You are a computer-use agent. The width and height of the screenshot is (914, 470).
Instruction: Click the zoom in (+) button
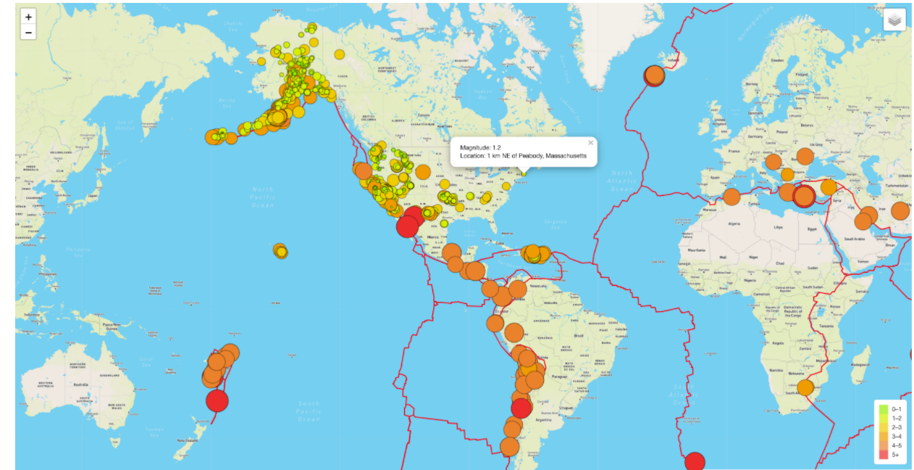[28, 17]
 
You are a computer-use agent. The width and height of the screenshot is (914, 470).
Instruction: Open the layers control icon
[894, 20]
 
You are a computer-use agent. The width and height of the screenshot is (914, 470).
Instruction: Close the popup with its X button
[590, 143]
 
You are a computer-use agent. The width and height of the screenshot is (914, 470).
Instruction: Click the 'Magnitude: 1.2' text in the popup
[480, 148]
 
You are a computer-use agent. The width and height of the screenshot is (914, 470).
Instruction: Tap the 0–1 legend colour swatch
[884, 409]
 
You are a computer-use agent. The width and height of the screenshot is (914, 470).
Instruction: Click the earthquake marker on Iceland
[654, 75]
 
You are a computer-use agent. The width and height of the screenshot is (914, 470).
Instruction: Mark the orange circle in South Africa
[805, 387]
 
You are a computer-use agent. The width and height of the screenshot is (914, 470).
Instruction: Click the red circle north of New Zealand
[217, 400]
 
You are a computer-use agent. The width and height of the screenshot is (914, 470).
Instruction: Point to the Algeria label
[735, 226]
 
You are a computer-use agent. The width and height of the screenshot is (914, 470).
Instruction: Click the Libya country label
[779, 227]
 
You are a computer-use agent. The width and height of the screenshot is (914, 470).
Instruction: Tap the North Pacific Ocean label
[262, 197]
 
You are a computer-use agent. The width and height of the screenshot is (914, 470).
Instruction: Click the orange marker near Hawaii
[280, 251]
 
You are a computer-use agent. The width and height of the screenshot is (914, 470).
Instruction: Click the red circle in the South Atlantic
[695, 462]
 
